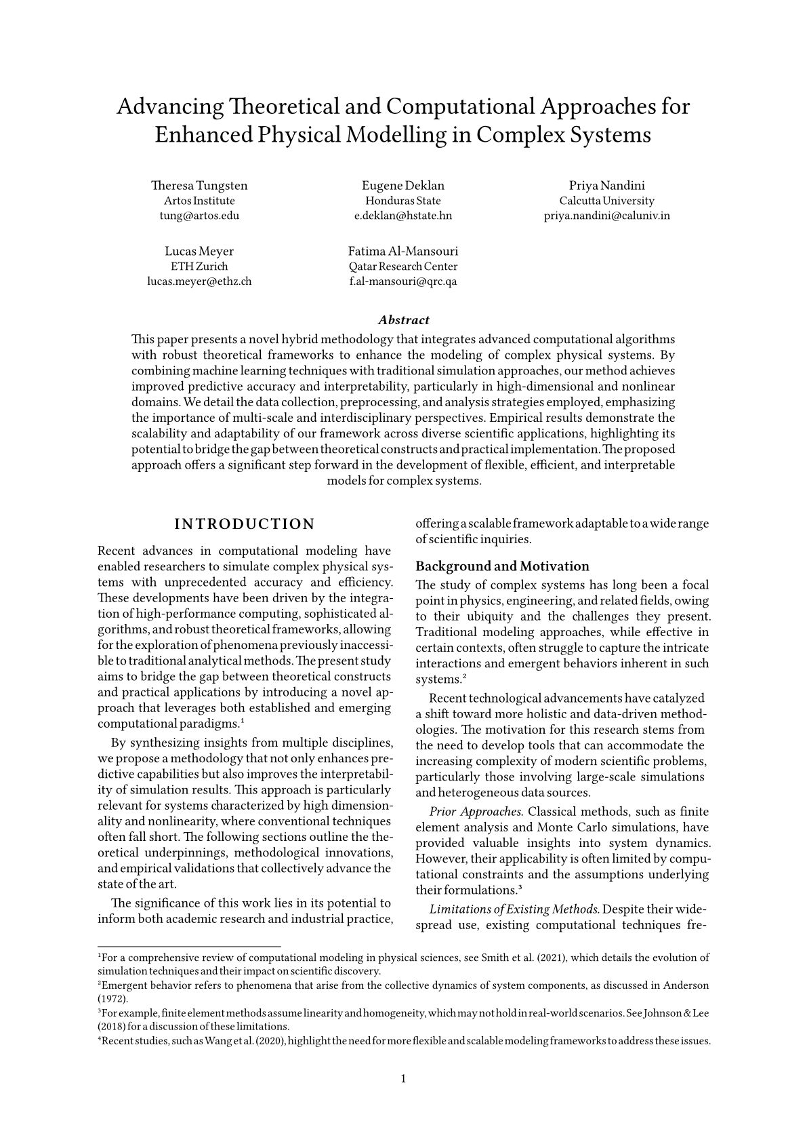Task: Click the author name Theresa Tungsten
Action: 199,186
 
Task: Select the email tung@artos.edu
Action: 199,216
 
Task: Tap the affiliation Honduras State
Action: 403,201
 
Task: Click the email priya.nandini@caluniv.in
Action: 606,216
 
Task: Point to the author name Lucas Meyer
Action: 199,252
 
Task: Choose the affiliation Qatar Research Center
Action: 403,267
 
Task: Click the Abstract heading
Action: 403,320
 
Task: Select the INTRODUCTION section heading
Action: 245,524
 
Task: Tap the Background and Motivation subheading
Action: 502,566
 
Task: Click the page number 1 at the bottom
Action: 404,1079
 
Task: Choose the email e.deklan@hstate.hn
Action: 403,216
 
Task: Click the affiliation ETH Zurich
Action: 199,267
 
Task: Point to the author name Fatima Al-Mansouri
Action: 403,252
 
